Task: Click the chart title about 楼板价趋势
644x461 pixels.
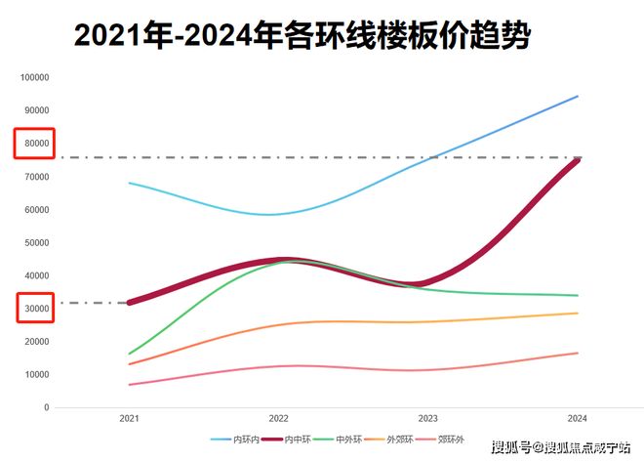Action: click(303, 36)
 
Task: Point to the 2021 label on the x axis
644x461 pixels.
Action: click(129, 418)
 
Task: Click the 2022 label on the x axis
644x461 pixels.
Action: click(279, 418)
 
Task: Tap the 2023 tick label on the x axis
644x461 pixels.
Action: click(428, 418)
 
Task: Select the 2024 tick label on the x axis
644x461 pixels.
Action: click(578, 418)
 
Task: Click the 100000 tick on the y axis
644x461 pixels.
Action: click(34, 77)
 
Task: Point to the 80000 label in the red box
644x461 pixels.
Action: click(36, 144)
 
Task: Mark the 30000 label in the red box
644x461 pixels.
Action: click(36, 309)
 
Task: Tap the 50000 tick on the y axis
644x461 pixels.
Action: click(36, 242)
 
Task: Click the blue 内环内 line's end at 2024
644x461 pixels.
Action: click(578, 96)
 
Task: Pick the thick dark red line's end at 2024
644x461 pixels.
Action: click(578, 159)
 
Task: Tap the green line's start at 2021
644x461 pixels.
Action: click(129, 354)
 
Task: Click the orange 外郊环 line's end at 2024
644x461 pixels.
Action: click(578, 313)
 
